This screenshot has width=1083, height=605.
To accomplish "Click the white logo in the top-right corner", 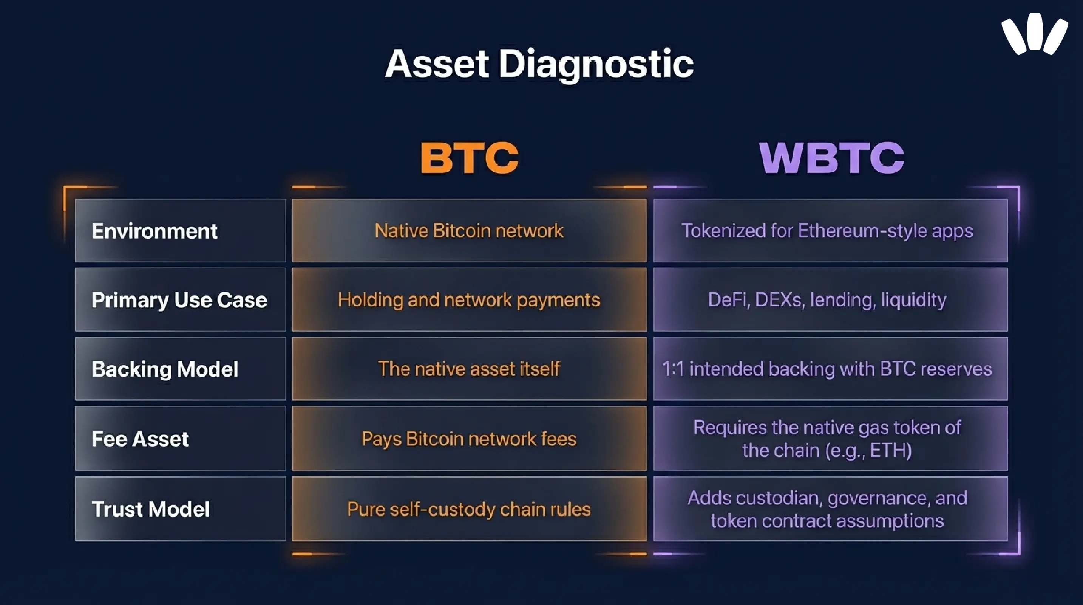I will coord(1034,34).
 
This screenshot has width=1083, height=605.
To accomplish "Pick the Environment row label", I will coord(154,231).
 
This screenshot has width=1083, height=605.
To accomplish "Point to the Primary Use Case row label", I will coord(179,300).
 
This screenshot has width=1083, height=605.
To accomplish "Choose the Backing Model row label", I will coord(165,369).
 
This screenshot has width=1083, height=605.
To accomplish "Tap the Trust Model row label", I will coord(150,509).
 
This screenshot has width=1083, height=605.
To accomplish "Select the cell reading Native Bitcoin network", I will coord(469,231).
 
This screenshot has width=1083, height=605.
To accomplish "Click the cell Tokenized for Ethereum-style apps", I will coord(827,231).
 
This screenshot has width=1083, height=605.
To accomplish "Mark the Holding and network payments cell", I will coord(469,300).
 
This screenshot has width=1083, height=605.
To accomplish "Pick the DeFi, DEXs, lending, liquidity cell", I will coord(827,300).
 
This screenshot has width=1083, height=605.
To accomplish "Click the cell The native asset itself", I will coord(469,369).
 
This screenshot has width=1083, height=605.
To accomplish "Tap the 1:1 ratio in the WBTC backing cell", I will coord(673,369).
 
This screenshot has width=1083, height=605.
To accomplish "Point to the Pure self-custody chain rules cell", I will coord(469,509).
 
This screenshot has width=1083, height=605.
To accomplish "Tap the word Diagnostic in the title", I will coord(596,64).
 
